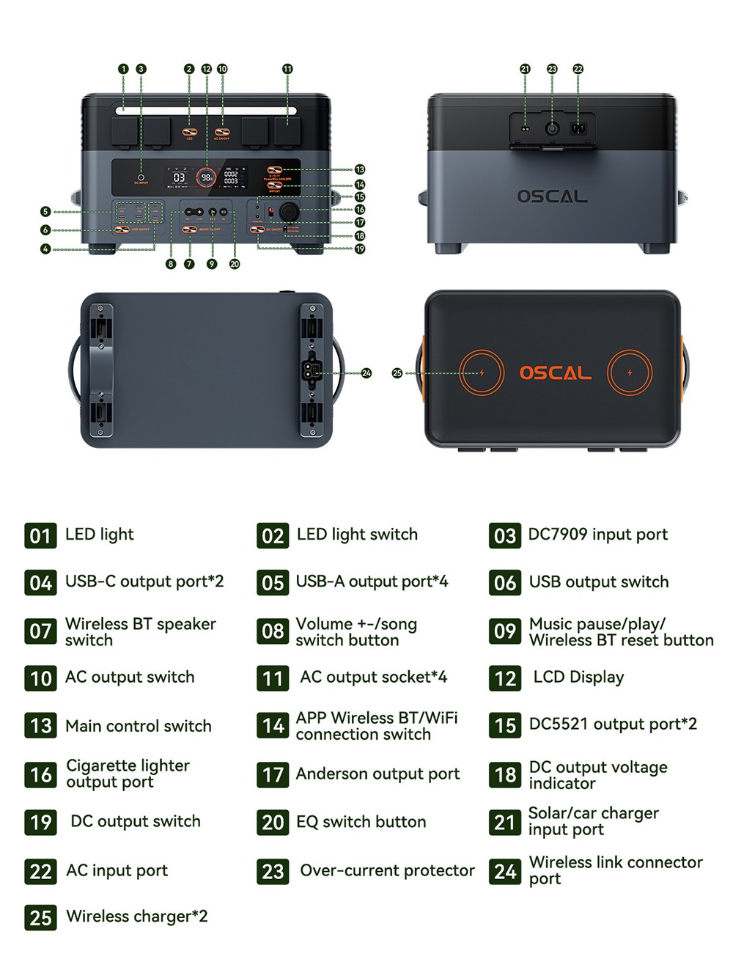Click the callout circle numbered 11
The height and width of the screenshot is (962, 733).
point(287,69)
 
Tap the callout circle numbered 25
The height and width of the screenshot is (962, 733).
point(397,373)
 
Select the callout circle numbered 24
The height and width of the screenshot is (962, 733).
point(366,373)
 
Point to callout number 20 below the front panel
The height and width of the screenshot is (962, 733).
point(235,264)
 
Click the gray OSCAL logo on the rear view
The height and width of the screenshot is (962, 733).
point(552,197)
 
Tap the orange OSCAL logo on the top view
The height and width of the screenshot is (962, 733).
point(555,373)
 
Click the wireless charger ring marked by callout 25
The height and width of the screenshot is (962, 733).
point(482,373)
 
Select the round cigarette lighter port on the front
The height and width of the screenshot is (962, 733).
point(290,212)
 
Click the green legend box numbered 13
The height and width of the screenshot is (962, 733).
point(40,726)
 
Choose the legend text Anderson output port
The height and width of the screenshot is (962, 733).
point(377,774)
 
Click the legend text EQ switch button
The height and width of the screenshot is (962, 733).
point(361,822)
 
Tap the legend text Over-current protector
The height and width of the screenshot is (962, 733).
point(387,870)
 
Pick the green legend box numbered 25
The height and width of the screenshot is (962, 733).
point(40,917)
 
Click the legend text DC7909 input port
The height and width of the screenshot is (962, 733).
point(597,535)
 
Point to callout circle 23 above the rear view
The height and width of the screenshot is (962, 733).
point(552,69)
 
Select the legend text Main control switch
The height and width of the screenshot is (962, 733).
point(138,726)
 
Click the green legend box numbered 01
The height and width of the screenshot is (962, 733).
point(40,536)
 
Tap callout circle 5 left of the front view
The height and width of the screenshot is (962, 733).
point(45,212)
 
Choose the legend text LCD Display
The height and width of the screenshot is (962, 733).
point(578,677)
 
